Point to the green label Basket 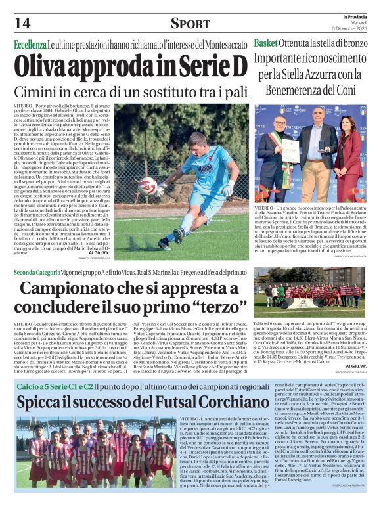point(266,43)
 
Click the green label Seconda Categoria point(37,272)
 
